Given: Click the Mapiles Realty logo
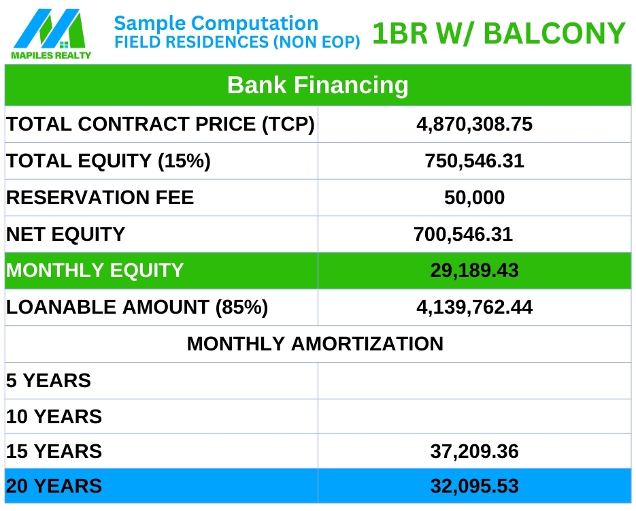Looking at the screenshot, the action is pyautogui.click(x=51, y=34).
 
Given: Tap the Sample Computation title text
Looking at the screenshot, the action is pyautogui.click(x=216, y=23).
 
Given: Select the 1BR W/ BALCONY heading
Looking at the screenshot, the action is pyautogui.click(x=499, y=33).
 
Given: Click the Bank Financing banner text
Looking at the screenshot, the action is pyautogui.click(x=318, y=85).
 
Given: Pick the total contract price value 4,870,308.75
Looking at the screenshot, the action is pyautogui.click(x=474, y=125).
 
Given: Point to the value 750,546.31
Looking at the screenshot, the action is pyautogui.click(x=474, y=161).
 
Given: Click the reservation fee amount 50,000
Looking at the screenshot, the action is pyautogui.click(x=474, y=197).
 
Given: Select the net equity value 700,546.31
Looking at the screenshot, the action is pyautogui.click(x=463, y=234).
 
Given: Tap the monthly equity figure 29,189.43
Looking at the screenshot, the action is pyautogui.click(x=474, y=270).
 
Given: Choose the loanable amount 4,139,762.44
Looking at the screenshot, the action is pyautogui.click(x=474, y=308).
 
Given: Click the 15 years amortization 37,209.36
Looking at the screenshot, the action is pyautogui.click(x=474, y=451).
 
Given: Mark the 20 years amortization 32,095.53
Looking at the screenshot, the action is pyautogui.click(x=474, y=486).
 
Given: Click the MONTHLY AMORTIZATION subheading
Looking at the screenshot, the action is pyautogui.click(x=315, y=344).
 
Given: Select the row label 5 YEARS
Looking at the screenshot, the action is pyautogui.click(x=49, y=381).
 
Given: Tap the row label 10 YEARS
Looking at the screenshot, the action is pyautogui.click(x=54, y=417).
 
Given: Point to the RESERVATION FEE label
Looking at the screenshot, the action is pyautogui.click(x=100, y=197).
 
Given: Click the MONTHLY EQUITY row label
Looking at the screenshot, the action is pyautogui.click(x=95, y=270).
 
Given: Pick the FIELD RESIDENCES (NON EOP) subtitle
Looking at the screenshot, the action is pyautogui.click(x=237, y=42).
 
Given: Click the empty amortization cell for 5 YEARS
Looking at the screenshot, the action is pyautogui.click(x=475, y=381).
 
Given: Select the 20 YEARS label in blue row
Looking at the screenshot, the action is pyautogui.click(x=54, y=487).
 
